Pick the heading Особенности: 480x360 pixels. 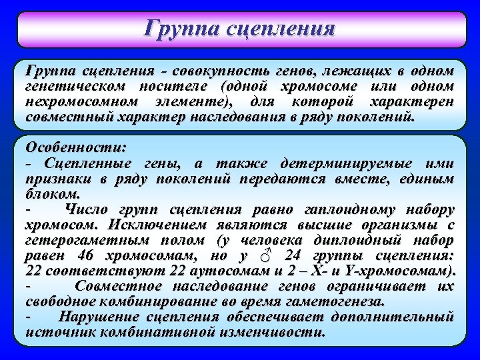coord(75,147)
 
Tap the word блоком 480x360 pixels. coord(53,195)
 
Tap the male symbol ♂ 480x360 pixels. coord(265,256)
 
